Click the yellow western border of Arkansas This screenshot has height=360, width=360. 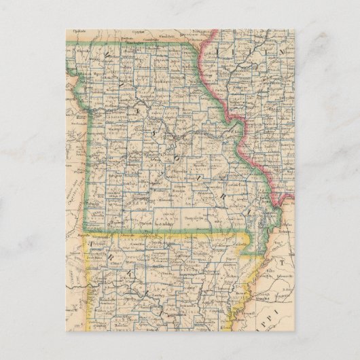[x=87, y=285]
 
